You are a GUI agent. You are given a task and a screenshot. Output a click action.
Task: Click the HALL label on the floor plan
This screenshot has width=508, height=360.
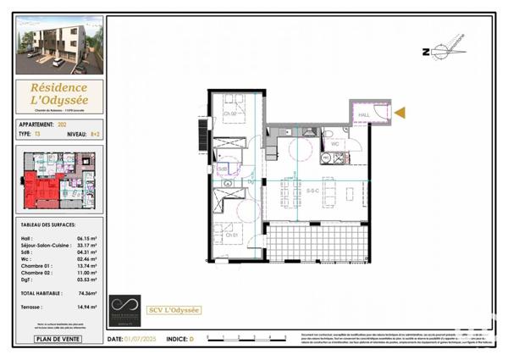(x=364, y=114)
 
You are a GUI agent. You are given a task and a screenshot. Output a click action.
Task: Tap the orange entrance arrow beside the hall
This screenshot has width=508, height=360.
(x=400, y=112)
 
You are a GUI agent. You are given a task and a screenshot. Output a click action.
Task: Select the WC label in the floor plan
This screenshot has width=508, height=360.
(x=335, y=143)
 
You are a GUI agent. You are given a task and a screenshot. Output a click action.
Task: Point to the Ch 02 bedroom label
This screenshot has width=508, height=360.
(x=229, y=114)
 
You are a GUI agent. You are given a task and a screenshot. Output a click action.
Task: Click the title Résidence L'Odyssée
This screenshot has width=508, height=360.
(x=59, y=94)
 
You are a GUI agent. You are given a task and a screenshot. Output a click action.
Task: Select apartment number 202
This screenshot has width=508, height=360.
(x=62, y=125)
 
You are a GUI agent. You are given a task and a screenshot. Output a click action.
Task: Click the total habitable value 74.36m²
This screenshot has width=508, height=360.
(x=84, y=292)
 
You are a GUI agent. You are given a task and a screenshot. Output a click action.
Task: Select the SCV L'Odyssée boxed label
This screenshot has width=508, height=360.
(x=174, y=309)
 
